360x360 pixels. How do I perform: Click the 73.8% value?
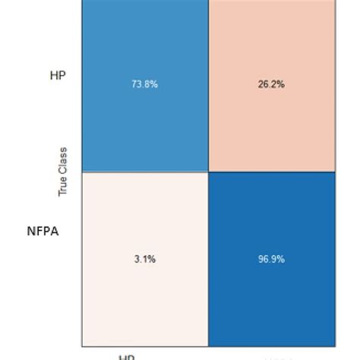(x=144, y=84)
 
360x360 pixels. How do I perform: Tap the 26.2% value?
(x=271, y=84)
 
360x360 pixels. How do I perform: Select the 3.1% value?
(x=144, y=259)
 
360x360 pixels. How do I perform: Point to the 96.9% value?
(x=271, y=259)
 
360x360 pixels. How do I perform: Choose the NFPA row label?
(x=43, y=232)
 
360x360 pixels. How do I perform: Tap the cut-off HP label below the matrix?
(x=126, y=356)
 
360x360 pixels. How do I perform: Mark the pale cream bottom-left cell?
(x=144, y=304)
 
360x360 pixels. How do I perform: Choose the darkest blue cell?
(x=271, y=304)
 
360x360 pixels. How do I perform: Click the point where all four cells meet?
(x=208, y=172)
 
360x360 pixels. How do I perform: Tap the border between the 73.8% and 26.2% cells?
(x=208, y=84)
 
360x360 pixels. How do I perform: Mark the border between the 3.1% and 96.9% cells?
(x=208, y=259)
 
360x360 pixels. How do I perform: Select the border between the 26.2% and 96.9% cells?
(x=271, y=172)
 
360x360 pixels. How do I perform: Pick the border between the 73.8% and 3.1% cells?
(x=144, y=172)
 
